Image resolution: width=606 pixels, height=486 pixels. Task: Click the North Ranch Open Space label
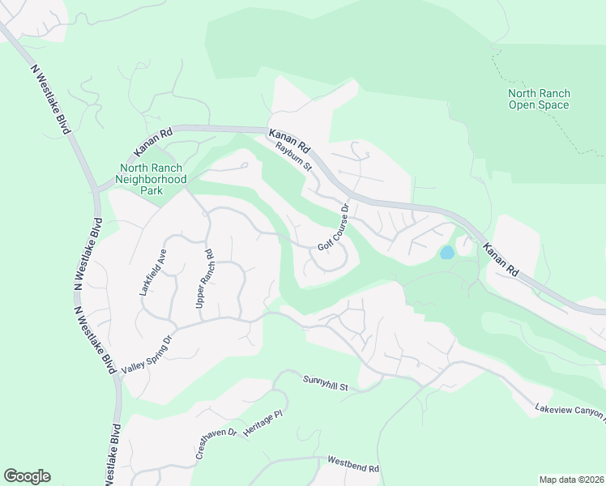[539, 99]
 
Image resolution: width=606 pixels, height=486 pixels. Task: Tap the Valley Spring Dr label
[147, 355]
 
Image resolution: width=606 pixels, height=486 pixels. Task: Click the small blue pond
[446, 253]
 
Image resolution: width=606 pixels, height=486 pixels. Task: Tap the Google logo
[27, 476]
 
